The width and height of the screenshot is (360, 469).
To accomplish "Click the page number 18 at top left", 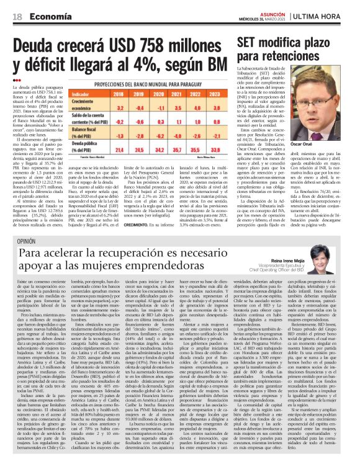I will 17,7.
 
